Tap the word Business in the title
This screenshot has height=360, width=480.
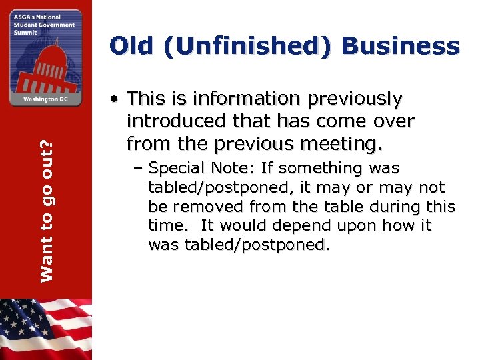(401, 47)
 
